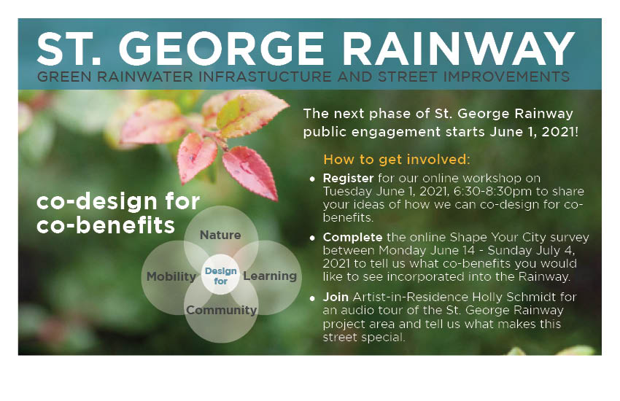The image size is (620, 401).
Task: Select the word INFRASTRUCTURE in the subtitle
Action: pos(265,77)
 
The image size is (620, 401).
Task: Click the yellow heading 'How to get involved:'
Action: pos(397,159)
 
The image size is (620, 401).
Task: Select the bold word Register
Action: pos(348,178)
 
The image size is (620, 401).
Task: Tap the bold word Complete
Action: pos(353,237)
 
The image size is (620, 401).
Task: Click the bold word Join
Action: pos(336,297)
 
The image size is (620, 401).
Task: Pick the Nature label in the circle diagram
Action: pos(220,235)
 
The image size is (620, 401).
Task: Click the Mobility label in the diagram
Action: pos(171,276)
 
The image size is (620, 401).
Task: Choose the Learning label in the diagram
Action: pos(270,276)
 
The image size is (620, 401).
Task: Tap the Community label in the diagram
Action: pos(222,310)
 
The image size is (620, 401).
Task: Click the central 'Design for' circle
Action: pos(220,275)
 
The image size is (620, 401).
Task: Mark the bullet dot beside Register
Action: pos(312,179)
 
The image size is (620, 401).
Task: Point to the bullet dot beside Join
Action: pos(312,298)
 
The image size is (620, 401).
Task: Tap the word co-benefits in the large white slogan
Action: pos(105,225)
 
